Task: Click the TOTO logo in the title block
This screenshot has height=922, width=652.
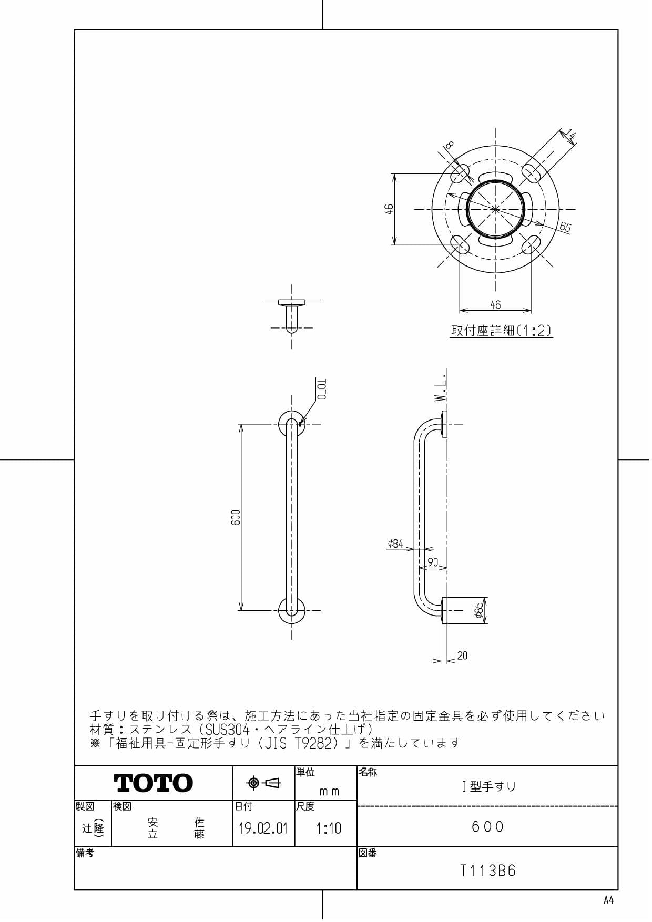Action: (153, 783)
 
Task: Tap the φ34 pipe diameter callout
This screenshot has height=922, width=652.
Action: (395, 544)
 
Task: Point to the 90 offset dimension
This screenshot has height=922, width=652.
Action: (433, 562)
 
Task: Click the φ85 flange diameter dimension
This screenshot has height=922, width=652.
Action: (479, 610)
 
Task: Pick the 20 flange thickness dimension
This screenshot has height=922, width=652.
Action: (462, 655)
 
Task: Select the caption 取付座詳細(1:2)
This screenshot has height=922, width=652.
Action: (501, 331)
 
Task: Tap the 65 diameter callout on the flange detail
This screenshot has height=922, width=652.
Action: (565, 227)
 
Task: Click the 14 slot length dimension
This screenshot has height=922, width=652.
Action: (570, 136)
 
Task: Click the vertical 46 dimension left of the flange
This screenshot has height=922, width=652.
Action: (389, 209)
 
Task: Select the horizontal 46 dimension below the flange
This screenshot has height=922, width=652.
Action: (495, 304)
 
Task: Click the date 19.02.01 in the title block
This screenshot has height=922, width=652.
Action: (263, 829)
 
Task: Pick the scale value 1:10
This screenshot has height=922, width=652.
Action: (328, 829)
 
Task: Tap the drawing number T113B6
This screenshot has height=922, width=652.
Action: (488, 871)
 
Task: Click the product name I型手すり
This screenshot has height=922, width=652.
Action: (488, 787)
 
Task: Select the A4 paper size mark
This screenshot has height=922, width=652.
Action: (608, 900)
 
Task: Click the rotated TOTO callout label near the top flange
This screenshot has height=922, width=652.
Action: (322, 390)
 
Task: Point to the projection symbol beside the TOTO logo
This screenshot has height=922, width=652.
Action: (264, 783)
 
